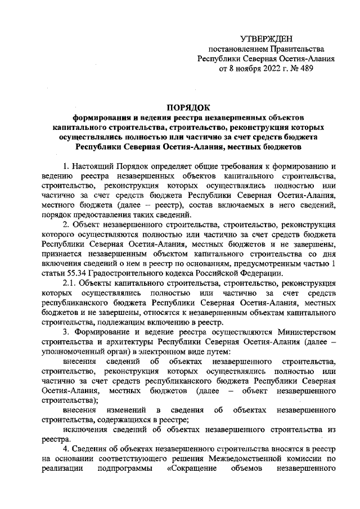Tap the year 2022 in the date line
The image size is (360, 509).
pyautogui.click(x=254, y=69)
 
